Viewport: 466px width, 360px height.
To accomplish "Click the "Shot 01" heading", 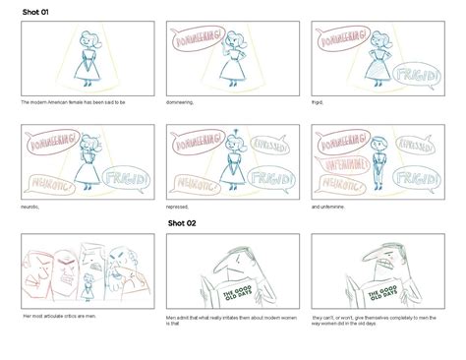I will pyautogui.click(x=36, y=10).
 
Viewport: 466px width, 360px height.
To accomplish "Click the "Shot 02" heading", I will pyautogui.click(x=176, y=223).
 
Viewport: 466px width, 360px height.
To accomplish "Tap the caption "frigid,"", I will pyautogui.click(x=319, y=101).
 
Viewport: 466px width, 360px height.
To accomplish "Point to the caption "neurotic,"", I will pyautogui.click(x=30, y=208).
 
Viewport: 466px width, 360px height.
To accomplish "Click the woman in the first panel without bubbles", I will pyautogui.click(x=88, y=54).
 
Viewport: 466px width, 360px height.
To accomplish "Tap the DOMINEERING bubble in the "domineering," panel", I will pyautogui.click(x=197, y=41).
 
